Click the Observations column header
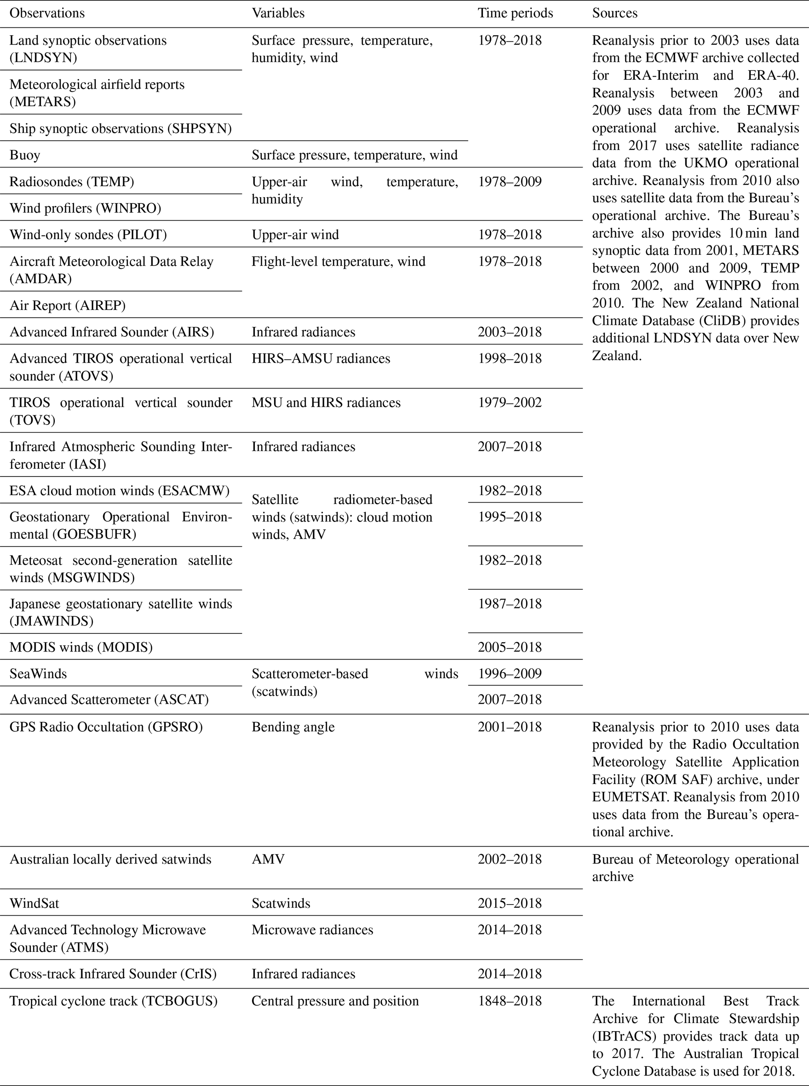tap(47, 13)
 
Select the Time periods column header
tap(515, 13)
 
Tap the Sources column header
tap(614, 13)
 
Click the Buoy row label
tap(25, 155)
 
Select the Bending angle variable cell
tap(293, 727)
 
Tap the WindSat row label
tap(34, 903)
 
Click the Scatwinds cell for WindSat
tap(281, 903)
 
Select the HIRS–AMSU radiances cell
tap(321, 359)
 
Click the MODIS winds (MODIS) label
tap(81, 647)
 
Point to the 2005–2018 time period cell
tap(510, 647)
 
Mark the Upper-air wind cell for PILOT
tap(295, 235)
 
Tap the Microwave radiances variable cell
tap(312, 930)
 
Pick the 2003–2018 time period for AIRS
tap(510, 332)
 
